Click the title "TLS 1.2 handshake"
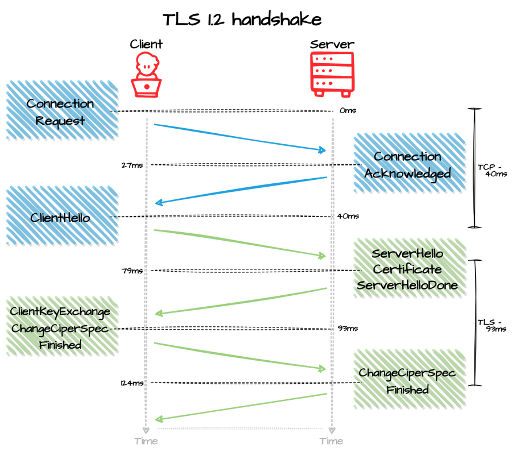(x=242, y=20)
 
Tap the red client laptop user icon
(x=146, y=75)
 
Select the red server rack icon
(x=332, y=75)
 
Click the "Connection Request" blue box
(x=62, y=110)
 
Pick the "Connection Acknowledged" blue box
(x=410, y=163)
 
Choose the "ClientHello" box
(x=62, y=216)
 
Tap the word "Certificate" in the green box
(x=407, y=269)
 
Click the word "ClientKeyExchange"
(x=60, y=311)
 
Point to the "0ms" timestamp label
(x=348, y=110)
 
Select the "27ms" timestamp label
(x=132, y=165)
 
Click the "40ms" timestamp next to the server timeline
(x=348, y=217)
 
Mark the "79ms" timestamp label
(x=132, y=271)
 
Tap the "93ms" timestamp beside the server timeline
(x=348, y=329)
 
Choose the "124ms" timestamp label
(x=132, y=383)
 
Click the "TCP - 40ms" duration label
(x=492, y=171)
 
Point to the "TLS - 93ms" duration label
(x=492, y=326)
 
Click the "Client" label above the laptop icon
(x=146, y=44)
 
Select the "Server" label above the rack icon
(x=332, y=44)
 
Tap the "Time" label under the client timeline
(x=146, y=441)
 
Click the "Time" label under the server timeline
(x=332, y=441)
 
